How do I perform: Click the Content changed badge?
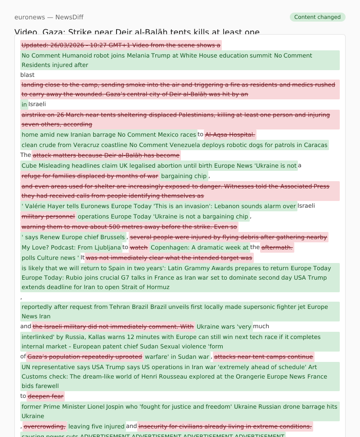317,17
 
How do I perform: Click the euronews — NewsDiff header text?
49,17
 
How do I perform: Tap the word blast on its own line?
27,75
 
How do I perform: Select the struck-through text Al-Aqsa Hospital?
230,134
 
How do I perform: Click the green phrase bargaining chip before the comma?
184,176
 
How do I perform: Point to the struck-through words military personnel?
48,216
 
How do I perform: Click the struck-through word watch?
139,247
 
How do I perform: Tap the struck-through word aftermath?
277,247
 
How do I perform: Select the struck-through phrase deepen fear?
45,396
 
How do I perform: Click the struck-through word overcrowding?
45,426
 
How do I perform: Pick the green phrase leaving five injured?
96,426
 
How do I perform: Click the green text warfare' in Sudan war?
177,357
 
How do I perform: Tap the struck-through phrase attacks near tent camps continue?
263,357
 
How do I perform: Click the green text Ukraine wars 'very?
224,326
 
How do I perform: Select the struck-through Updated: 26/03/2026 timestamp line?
121,45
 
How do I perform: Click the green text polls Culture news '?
50,258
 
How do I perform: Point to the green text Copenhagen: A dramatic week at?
199,247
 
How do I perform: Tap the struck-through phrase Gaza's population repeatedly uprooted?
85,357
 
